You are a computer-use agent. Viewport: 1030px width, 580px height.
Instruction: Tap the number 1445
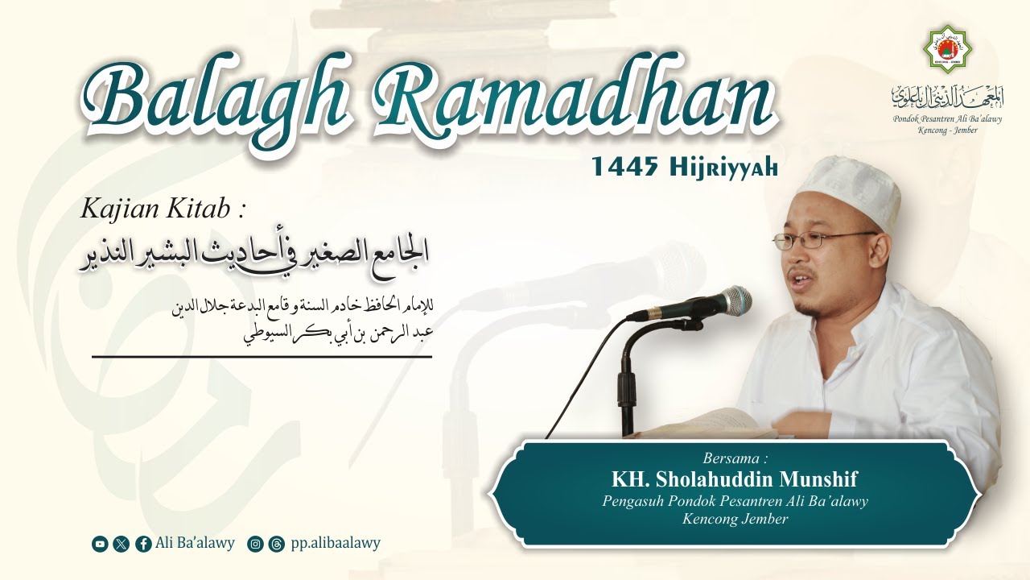[624, 167]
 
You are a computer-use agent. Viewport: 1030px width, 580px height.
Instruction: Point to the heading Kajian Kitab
[162, 209]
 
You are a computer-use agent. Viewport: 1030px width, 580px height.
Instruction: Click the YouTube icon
[100, 544]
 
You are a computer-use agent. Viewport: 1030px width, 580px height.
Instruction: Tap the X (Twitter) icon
[122, 544]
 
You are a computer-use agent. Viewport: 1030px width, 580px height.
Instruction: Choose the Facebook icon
[143, 544]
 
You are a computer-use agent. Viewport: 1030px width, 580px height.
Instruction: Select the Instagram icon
[255, 544]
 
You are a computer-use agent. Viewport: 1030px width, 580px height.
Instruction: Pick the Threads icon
[276, 544]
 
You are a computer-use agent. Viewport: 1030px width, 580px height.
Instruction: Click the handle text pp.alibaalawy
[336, 543]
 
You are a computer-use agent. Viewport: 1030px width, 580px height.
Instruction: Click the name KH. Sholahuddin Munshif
[734, 479]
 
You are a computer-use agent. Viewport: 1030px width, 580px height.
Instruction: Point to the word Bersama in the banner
[734, 458]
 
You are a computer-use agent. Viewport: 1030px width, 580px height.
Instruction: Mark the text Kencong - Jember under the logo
[947, 130]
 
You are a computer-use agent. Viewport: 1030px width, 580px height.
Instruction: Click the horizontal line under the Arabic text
[262, 356]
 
